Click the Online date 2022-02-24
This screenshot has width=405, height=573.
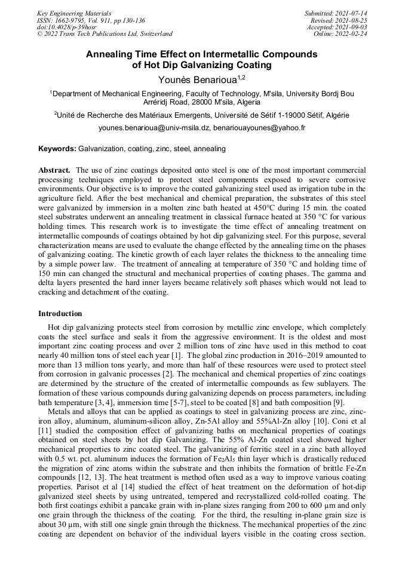pyautogui.click(x=352, y=34)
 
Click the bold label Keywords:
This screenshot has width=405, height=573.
pyautogui.click(x=57, y=148)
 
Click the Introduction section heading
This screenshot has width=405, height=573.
pyautogui.click(x=60, y=314)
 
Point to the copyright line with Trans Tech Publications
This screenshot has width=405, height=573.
pyautogui.click(x=105, y=34)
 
